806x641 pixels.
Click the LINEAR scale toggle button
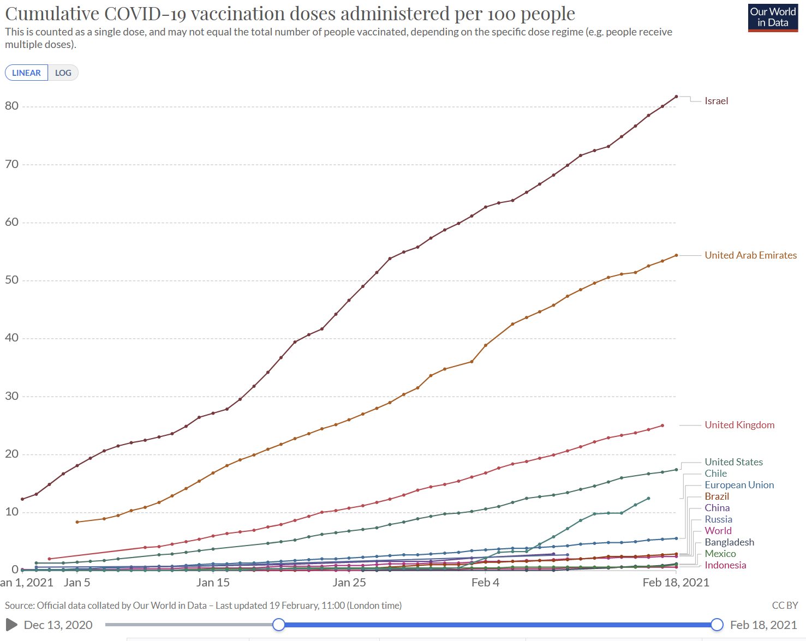[x=26, y=73]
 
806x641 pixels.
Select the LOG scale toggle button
[x=63, y=73]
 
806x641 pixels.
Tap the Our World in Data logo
[x=773, y=17]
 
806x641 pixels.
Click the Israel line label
[x=716, y=101]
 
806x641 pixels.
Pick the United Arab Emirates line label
[x=750, y=255]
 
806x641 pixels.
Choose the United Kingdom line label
[x=739, y=425]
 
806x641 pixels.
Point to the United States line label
[x=733, y=462]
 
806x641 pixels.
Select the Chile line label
[x=715, y=474]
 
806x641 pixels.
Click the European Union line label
[x=739, y=485]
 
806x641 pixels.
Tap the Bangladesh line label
[x=729, y=542]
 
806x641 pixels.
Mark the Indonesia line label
[x=725, y=565]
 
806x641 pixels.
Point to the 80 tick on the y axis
[x=11, y=106]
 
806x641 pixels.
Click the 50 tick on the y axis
[x=11, y=280]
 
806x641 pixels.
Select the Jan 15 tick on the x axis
[x=213, y=583]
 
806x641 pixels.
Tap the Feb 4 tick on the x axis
[x=485, y=583]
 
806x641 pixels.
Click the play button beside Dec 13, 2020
[x=11, y=625]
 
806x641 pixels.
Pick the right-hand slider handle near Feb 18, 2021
[x=717, y=625]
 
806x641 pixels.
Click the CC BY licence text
[x=785, y=606]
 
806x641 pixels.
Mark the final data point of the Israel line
[x=677, y=97]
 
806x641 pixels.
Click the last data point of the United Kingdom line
[x=662, y=426]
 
